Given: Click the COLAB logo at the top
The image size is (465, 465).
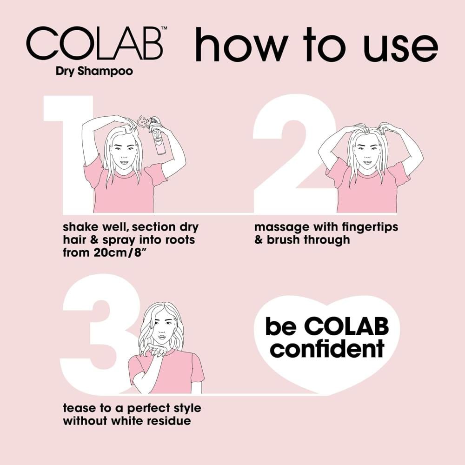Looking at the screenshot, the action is [94, 44].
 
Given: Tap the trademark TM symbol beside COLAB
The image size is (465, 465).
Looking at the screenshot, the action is [164, 28].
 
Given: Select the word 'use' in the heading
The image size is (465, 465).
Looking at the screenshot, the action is [401, 47].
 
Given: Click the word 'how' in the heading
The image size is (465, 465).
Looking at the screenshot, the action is [242, 45].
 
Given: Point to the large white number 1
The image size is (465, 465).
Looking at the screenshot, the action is [68, 154].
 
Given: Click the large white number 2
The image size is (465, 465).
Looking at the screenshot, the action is [293, 154].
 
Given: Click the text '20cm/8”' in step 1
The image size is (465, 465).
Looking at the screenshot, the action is [120, 253].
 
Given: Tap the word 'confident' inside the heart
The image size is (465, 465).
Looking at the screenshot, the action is [329, 349].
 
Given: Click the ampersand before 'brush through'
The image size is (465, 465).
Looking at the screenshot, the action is [259, 240].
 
